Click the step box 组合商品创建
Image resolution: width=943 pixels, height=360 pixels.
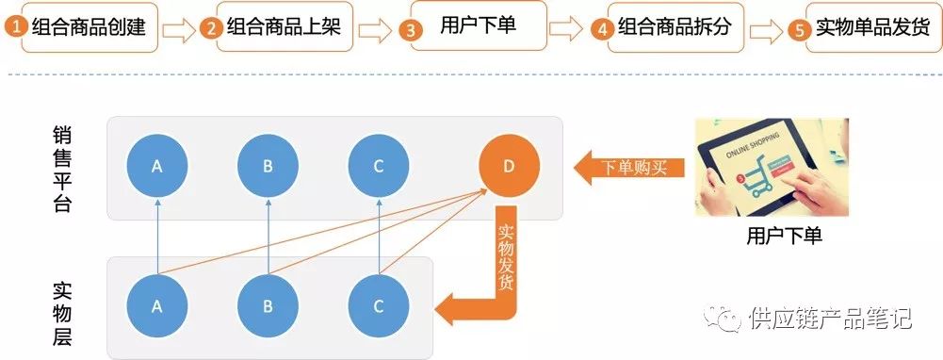point(89,27)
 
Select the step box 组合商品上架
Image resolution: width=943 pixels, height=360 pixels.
point(285,26)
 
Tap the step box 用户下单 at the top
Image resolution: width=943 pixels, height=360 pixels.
point(479,25)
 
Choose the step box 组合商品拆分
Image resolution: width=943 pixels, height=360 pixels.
point(676,27)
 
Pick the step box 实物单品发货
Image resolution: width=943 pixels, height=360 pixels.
point(870,27)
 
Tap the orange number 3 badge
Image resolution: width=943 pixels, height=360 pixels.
point(410,29)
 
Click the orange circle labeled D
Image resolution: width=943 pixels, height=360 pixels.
point(509,166)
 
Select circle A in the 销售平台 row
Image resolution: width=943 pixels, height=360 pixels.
point(157,166)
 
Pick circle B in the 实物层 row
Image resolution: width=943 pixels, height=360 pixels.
point(268,306)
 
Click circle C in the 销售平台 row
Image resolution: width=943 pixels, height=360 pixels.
point(379,166)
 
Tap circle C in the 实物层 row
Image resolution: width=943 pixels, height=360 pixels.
point(379,306)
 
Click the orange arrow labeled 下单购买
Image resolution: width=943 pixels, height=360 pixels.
point(629,167)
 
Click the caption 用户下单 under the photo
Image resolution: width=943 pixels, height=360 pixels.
point(784,236)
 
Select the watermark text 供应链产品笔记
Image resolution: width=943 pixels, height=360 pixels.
point(831,318)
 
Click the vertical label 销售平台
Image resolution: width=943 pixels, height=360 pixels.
point(62,171)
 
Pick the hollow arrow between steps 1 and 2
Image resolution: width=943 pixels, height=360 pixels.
point(179,30)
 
